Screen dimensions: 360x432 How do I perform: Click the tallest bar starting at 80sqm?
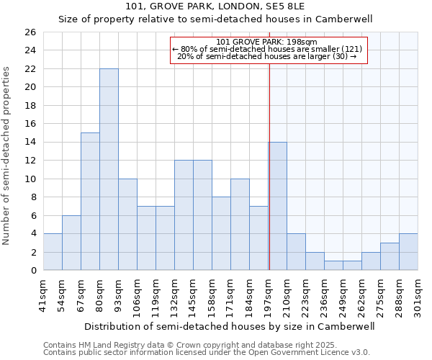click(109, 169)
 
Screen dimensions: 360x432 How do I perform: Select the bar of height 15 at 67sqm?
click(90, 202)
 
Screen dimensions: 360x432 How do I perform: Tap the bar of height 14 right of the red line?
click(278, 206)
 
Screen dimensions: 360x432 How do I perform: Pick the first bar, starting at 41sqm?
click(53, 252)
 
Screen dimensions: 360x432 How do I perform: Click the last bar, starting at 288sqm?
click(408, 252)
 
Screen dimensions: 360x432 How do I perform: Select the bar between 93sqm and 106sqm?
click(127, 225)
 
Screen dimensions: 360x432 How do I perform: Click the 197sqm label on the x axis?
click(269, 294)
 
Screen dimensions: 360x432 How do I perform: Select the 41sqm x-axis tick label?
click(44, 294)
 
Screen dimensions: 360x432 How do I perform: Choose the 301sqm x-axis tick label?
click(418, 294)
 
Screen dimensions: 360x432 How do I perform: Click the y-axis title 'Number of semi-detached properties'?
click(6, 155)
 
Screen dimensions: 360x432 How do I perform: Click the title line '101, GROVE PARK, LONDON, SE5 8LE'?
click(215, 6)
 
